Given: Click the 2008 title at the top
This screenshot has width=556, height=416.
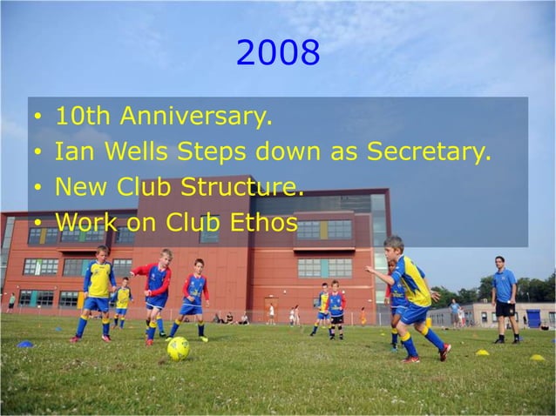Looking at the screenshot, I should [278, 54].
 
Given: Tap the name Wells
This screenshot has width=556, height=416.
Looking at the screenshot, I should [135, 151].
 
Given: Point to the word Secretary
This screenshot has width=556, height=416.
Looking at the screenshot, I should [429, 152].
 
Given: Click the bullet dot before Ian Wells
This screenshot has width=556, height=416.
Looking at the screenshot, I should [37, 153].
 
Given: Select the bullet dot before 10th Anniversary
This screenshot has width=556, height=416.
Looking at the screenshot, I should [37, 117].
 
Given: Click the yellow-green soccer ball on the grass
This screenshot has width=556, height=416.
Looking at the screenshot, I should [178, 348].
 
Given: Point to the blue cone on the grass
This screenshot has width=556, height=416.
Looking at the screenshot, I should [25, 345].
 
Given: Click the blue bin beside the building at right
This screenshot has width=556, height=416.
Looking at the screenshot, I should [533, 319].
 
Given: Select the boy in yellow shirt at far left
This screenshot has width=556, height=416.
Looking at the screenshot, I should [98, 292].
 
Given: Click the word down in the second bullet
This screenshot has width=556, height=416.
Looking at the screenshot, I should [282, 152].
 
